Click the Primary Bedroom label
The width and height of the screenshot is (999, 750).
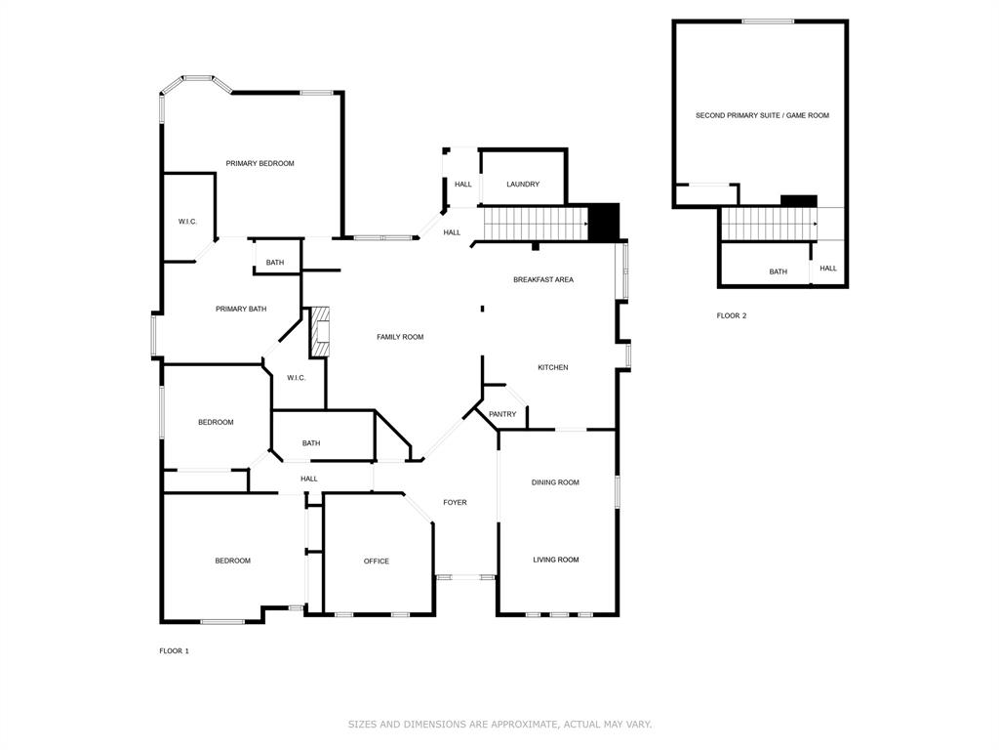(x=260, y=163)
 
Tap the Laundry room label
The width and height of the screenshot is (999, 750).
(x=523, y=184)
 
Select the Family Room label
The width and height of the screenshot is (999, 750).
(x=400, y=337)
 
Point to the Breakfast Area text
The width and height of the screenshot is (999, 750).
(x=543, y=279)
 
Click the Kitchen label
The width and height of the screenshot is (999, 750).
(x=552, y=367)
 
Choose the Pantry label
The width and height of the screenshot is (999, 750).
(x=502, y=414)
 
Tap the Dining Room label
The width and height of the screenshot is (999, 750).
(x=555, y=481)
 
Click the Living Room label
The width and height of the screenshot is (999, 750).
(x=555, y=560)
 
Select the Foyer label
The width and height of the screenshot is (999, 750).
(x=455, y=502)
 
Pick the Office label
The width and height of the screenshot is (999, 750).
(x=376, y=561)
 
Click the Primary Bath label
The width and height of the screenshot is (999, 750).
(x=241, y=309)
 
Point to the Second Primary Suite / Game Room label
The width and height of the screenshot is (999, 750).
(x=762, y=115)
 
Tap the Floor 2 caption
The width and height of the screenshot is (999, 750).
(x=731, y=315)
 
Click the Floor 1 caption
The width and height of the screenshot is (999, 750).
(x=174, y=650)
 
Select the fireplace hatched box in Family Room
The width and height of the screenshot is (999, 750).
(x=321, y=332)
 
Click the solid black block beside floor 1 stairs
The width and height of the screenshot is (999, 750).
(x=605, y=222)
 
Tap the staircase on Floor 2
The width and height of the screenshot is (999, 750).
(x=769, y=223)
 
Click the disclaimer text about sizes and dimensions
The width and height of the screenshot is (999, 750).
(x=499, y=724)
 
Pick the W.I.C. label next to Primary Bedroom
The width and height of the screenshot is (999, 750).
(x=187, y=222)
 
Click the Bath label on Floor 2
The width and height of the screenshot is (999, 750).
(x=778, y=271)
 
